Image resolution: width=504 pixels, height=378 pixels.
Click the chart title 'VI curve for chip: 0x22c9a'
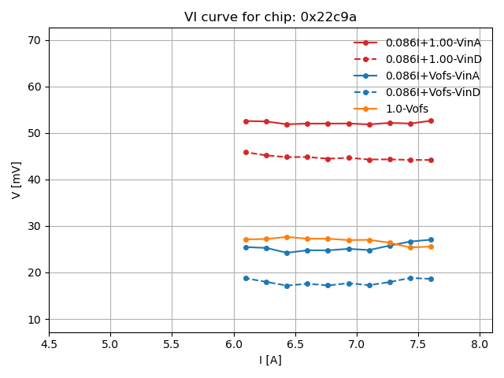coord(270,17)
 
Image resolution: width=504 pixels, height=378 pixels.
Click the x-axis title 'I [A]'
coord(270,360)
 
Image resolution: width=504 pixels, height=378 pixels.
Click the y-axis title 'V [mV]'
coord(17,180)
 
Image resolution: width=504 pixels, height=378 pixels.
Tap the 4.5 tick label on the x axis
coord(49,344)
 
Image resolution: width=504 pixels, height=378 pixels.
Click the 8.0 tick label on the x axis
coord(480,344)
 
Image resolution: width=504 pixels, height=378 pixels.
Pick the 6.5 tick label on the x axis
coord(295,344)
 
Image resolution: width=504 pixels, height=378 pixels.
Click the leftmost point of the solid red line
coord(246,121)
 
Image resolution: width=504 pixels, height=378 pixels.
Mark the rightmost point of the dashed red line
coord(431,160)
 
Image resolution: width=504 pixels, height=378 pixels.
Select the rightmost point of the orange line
coord(431,246)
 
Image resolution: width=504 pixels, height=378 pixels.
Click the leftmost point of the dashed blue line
coord(246,278)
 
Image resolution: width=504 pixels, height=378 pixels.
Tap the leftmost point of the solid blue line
coord(246,247)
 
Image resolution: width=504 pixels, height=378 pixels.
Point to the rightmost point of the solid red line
coord(431,120)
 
